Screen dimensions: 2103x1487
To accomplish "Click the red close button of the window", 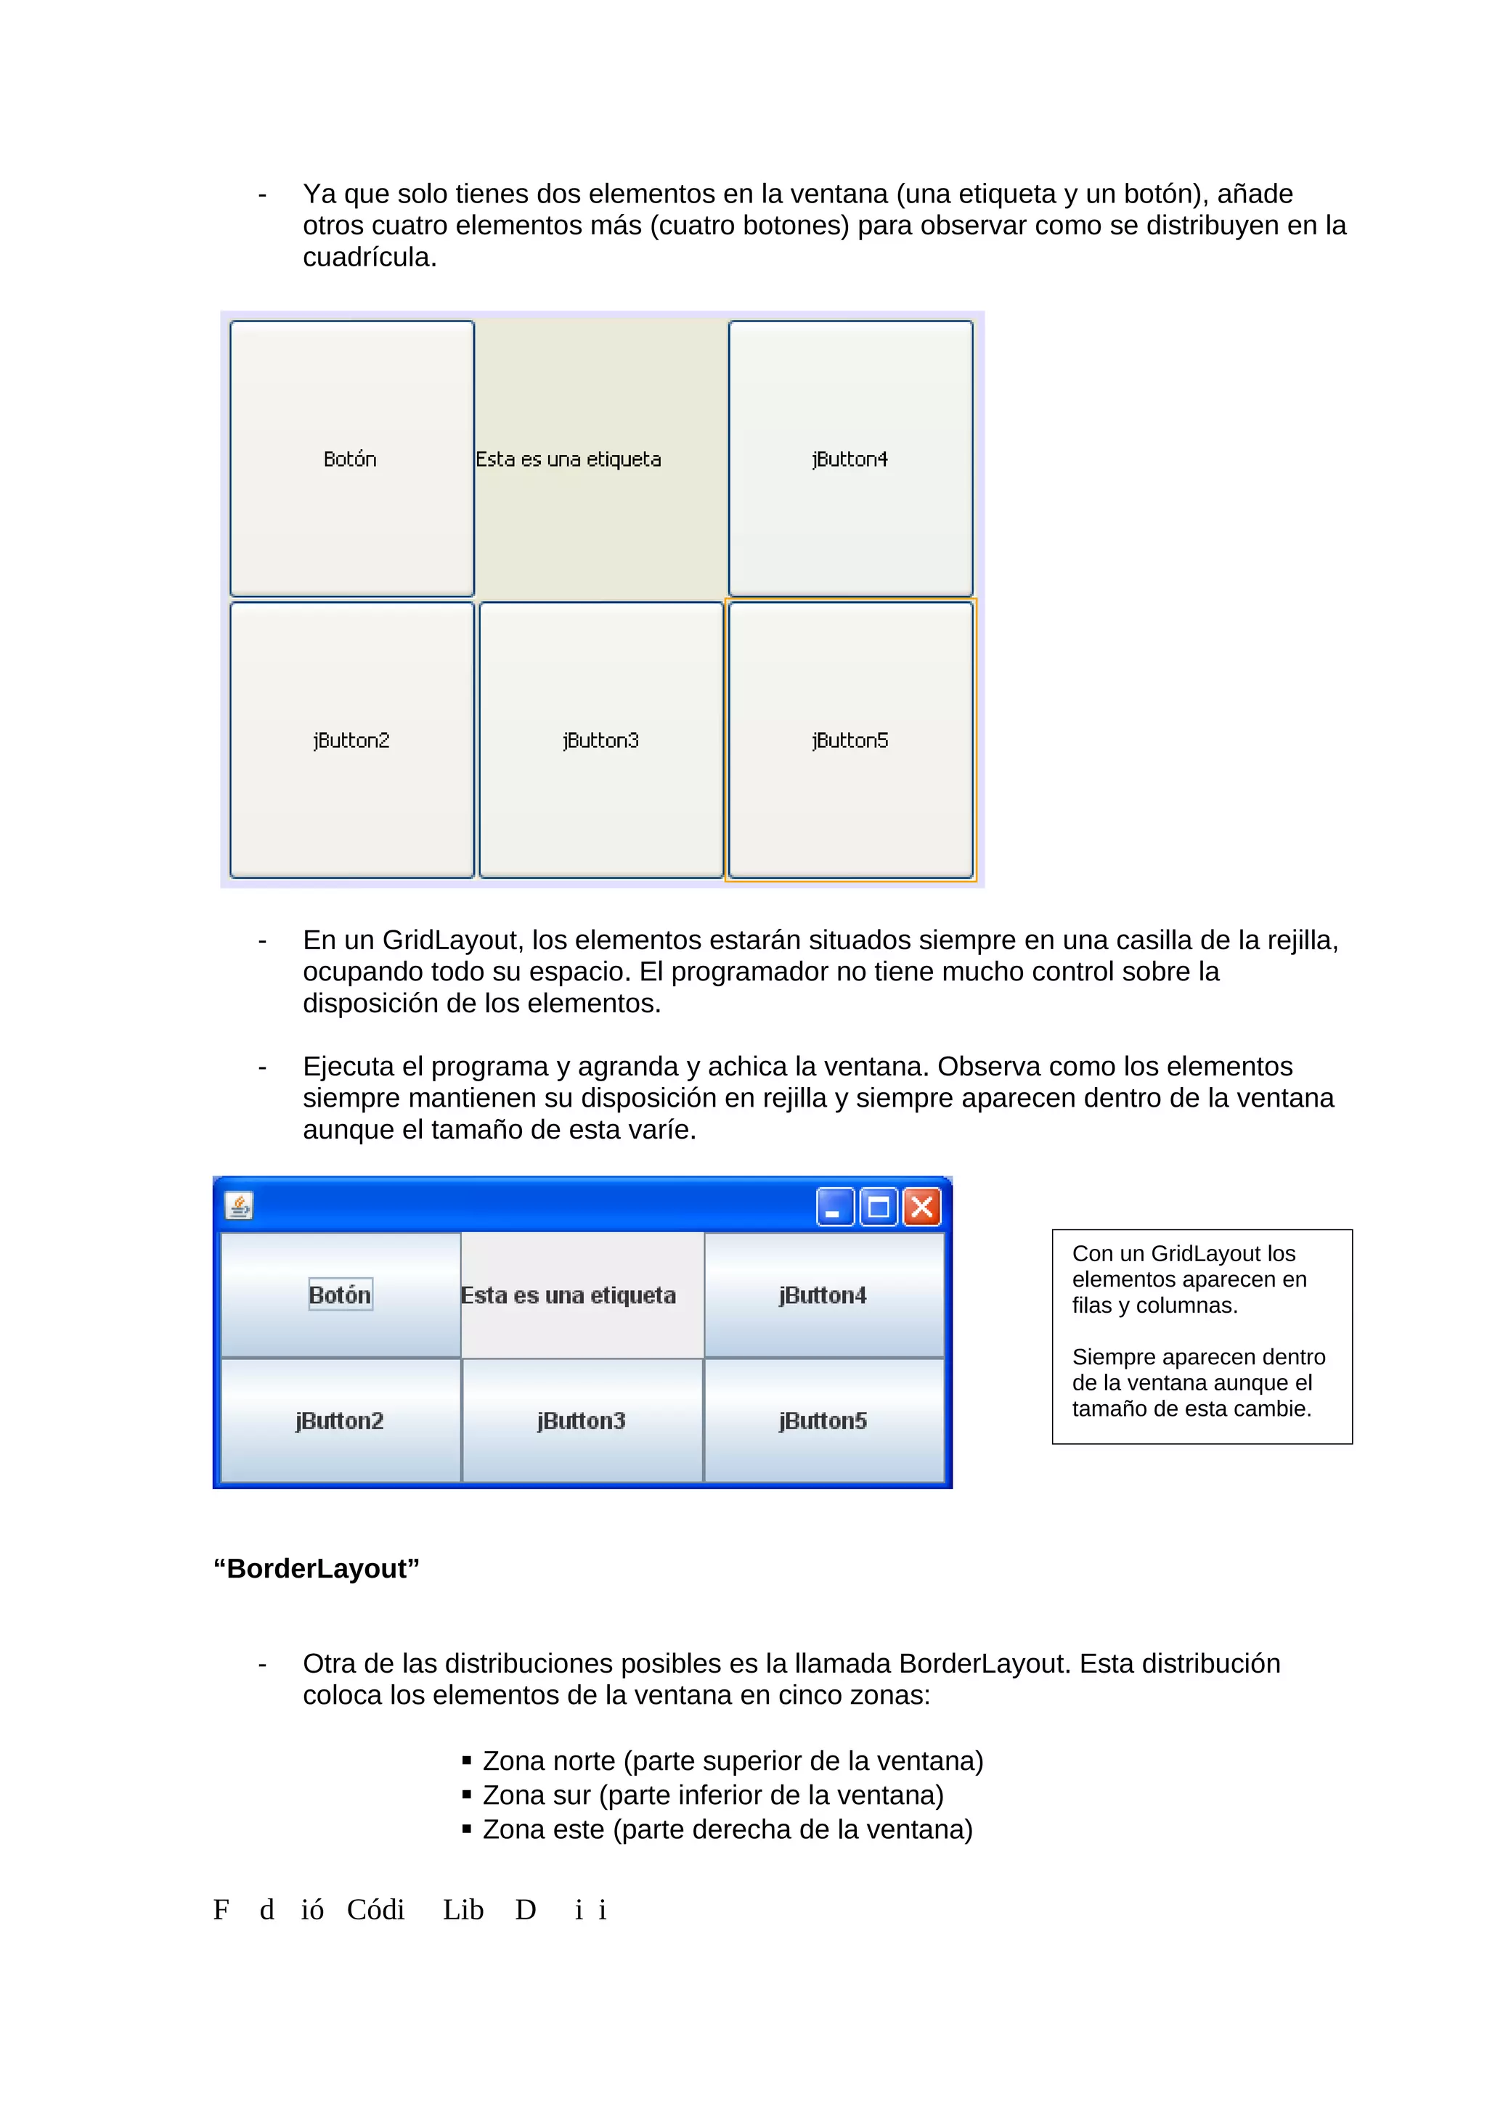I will [921, 1208].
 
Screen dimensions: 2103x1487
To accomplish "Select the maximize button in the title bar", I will [878, 1208].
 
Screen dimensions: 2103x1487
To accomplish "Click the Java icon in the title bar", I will [239, 1206].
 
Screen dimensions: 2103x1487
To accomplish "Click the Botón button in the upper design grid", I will [352, 459].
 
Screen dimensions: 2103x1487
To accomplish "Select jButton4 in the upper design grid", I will [850, 459].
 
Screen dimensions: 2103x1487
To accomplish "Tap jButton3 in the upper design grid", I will [601, 740].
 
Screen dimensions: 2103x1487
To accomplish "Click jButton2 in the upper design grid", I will [352, 740].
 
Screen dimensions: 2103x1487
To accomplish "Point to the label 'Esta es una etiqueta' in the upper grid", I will [568, 459].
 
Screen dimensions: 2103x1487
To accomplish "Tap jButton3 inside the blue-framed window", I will [582, 1421].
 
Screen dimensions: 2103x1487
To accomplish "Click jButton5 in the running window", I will [823, 1421].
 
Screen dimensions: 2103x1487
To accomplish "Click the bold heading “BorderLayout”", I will [316, 1568].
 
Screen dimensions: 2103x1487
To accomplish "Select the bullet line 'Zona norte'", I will [732, 1760].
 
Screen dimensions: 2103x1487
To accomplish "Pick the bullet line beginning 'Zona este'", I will [727, 1829].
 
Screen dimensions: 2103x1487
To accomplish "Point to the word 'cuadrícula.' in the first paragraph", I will [370, 258].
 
